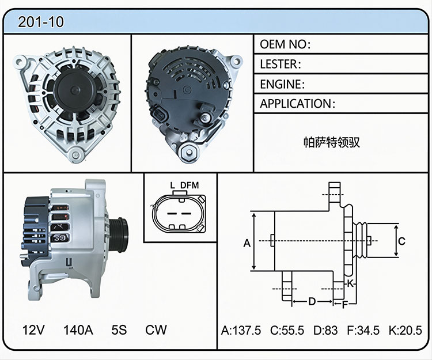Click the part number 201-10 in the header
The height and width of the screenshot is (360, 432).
41,22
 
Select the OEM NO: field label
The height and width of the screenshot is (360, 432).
285,44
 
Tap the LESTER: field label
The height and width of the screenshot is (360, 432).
281,64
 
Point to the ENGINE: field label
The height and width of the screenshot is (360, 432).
282,84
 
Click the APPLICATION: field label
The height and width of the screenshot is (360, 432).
298,104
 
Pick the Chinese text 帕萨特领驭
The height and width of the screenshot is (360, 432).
332,142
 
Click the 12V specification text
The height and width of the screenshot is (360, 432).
33,329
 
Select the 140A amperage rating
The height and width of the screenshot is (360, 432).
78,329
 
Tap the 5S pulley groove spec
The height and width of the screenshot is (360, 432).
119,329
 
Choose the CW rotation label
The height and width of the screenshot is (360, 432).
156,329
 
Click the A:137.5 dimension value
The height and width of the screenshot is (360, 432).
241,330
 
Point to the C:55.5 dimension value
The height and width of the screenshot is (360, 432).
287,330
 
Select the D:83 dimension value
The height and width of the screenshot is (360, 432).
325,330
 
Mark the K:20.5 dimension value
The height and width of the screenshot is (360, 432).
406,330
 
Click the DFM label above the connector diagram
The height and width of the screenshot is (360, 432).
190,185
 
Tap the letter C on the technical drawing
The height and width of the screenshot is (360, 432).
402,241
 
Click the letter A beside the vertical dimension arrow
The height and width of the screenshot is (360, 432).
247,243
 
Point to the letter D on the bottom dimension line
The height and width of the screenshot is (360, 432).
312,302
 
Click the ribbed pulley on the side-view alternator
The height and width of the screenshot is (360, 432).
119,234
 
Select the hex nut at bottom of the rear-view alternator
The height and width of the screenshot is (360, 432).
189,152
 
